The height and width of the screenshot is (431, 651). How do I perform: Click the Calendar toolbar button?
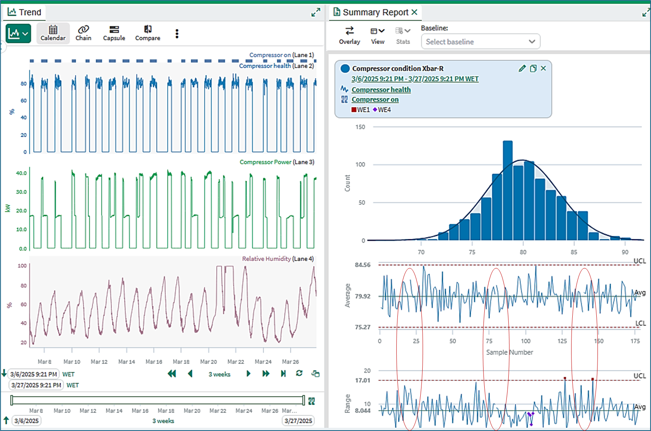tap(53, 33)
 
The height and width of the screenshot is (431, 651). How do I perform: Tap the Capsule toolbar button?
tap(114, 33)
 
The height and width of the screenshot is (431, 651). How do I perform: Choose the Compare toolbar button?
tap(148, 33)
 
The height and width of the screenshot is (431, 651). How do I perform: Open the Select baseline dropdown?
tap(481, 41)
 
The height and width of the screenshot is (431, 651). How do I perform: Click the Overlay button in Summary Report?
tap(349, 35)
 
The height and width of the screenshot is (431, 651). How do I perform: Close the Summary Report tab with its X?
tap(414, 12)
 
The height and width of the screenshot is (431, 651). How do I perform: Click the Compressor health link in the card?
tap(381, 90)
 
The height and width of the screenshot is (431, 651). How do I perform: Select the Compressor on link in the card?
tap(375, 100)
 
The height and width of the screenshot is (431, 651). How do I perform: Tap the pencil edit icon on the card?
tap(522, 69)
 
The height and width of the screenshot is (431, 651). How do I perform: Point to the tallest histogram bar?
tap(508, 191)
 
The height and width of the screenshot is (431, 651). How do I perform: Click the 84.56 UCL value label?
tap(363, 265)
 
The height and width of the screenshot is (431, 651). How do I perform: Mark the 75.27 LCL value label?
tap(363, 327)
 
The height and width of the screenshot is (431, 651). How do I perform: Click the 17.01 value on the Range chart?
tap(363, 380)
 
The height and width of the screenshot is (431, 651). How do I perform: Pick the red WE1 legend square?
tap(354, 110)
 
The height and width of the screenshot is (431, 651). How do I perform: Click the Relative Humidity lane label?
tap(266, 259)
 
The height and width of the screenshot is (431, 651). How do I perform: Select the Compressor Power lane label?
tap(265, 162)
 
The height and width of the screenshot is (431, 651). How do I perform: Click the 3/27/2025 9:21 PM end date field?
tap(36, 385)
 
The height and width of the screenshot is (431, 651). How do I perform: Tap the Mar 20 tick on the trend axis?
tap(208, 362)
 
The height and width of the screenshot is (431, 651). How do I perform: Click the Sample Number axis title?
tap(509, 352)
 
